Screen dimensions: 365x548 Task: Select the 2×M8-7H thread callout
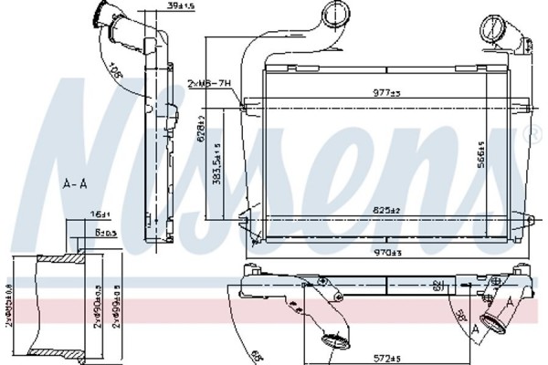point(212,83)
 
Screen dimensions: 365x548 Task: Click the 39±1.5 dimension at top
point(192,8)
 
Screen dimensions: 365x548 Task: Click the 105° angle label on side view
point(116,71)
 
